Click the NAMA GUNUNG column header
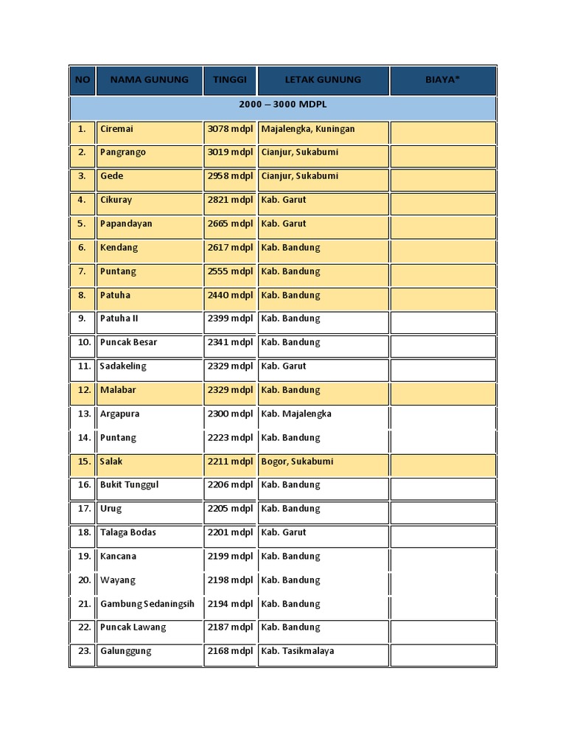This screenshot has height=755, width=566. click(149, 80)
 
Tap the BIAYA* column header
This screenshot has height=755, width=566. click(442, 80)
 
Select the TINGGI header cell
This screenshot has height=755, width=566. click(230, 80)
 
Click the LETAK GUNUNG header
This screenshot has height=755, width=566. click(323, 80)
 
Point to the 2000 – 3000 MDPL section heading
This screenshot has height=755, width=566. click(283, 105)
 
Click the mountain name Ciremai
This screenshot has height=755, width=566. click(116, 129)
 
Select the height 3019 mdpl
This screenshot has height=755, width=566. click(230, 153)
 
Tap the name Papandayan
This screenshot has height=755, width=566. click(126, 223)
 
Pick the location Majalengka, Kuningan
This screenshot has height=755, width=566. click(308, 129)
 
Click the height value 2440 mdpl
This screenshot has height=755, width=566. click(230, 295)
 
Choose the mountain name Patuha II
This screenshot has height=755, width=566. click(119, 319)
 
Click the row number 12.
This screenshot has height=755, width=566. click(84, 390)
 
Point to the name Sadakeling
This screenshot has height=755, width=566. click(123, 366)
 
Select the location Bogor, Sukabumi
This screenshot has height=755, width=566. click(297, 462)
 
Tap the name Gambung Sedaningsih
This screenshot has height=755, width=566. click(147, 604)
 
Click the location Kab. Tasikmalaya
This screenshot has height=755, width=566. click(298, 651)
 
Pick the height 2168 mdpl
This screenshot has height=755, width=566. click(230, 651)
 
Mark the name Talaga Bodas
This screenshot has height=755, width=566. click(128, 532)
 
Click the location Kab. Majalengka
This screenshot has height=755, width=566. click(296, 414)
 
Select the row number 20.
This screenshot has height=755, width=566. click(84, 580)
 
